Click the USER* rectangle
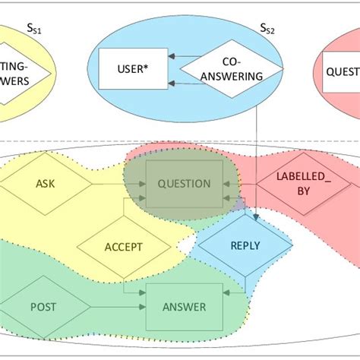[x=134, y=68]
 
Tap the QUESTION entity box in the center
[x=185, y=184]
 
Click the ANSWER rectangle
[x=184, y=307]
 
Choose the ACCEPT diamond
[x=123, y=246]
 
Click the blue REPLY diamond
[x=245, y=246]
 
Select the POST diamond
[x=42, y=307]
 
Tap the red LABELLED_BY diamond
[x=292, y=185]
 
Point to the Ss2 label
[x=267, y=29]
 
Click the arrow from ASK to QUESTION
[x=114, y=184]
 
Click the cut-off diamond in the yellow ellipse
[x=23, y=68]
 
